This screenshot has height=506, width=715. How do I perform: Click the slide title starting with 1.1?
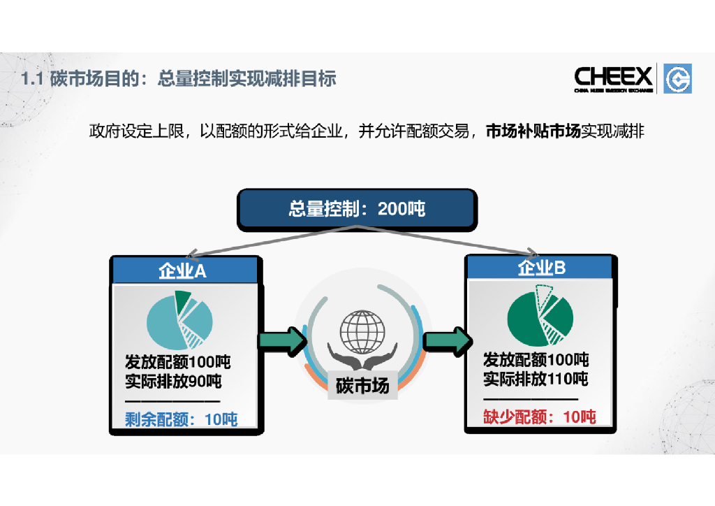click(x=179, y=79)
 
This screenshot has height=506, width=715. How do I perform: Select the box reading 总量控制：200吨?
click(x=357, y=209)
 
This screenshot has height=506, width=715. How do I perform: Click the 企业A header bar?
click(x=183, y=270)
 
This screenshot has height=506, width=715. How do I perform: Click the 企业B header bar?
click(x=541, y=268)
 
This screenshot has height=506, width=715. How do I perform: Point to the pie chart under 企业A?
click(x=179, y=319)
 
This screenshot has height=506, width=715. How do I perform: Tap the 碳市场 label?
click(x=362, y=385)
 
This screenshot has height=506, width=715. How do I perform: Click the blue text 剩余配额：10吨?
click(x=182, y=419)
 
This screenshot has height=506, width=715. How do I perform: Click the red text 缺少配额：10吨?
click(x=540, y=417)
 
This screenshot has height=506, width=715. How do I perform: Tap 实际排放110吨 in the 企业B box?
click(x=536, y=379)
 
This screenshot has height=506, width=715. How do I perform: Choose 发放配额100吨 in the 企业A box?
click(x=177, y=363)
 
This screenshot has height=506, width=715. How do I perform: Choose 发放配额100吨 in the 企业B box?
click(x=536, y=360)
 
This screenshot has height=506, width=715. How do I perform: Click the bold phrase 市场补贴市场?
click(x=533, y=131)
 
